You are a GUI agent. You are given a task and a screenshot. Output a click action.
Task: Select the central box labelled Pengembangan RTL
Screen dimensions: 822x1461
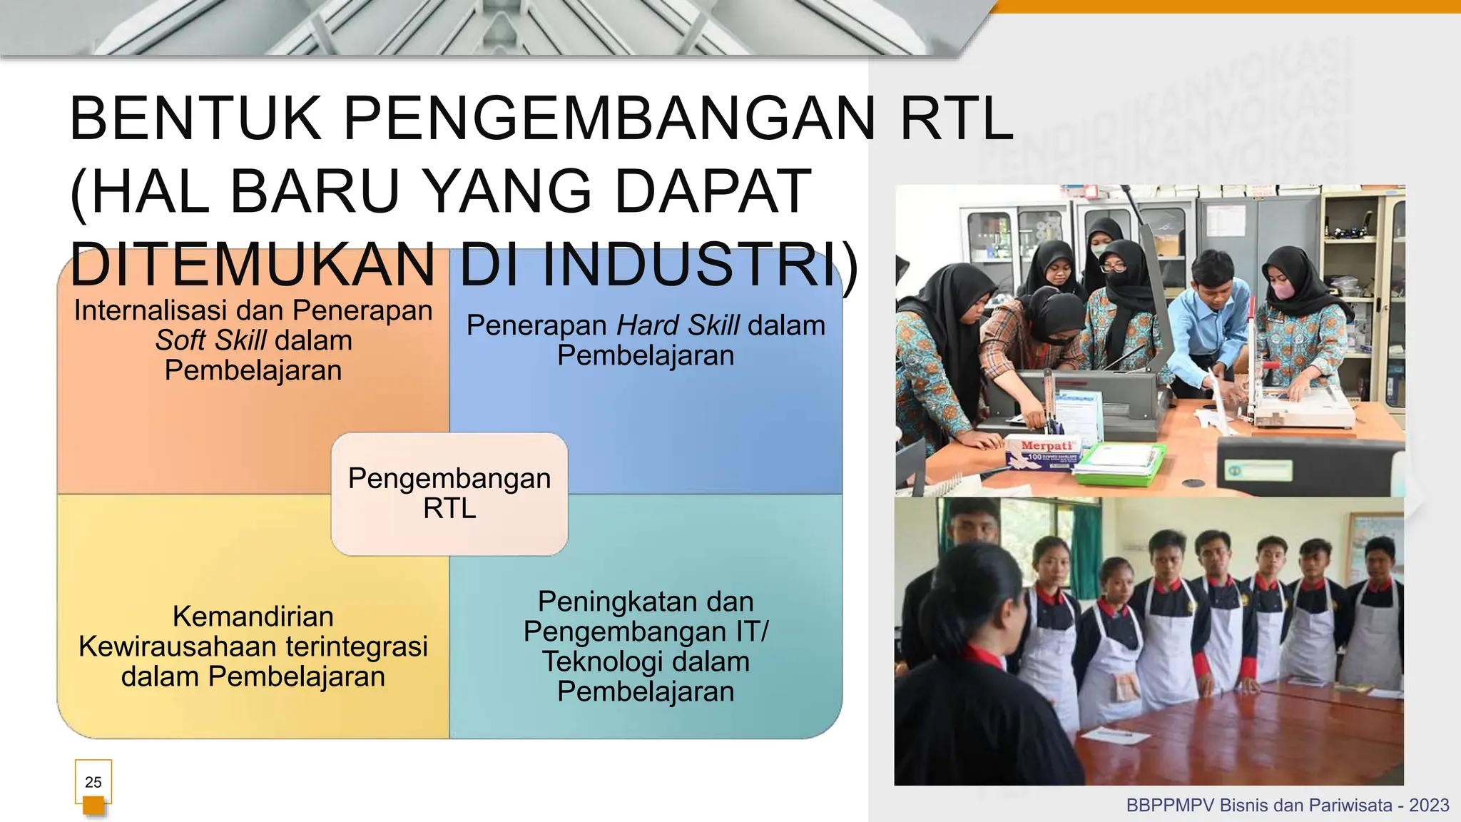coord(449,494)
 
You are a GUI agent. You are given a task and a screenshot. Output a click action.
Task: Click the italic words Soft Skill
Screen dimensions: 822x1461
coord(211,341)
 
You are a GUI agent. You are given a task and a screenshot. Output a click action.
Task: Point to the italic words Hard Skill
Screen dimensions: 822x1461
coord(678,325)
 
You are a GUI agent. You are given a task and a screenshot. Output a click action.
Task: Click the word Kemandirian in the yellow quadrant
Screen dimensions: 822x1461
coord(253,616)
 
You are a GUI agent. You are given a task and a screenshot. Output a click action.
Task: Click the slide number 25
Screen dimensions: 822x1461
coord(93,782)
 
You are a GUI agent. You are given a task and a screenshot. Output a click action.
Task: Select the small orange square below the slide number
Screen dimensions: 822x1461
coord(93,806)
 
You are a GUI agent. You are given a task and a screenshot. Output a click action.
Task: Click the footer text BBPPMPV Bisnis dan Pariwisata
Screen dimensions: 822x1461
coord(1259,806)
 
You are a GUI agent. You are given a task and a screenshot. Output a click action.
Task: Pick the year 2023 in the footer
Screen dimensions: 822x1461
coord(1429,806)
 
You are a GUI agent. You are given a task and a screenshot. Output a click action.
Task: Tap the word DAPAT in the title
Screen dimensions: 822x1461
coord(712,191)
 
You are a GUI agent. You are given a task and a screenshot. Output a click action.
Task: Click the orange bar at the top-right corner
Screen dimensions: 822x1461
coord(1227,6)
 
